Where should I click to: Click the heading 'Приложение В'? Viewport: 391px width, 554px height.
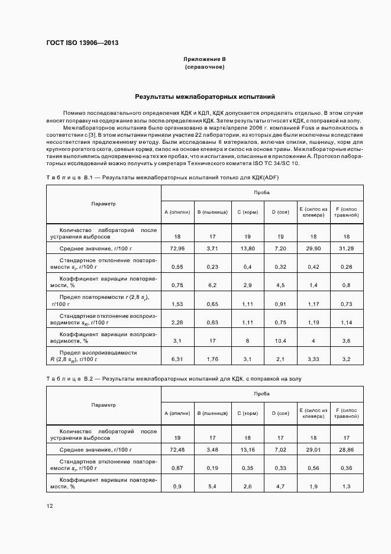point(204,60)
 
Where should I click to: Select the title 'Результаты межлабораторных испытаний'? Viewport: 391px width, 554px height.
point(204,96)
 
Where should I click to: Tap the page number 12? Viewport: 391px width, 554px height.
point(49,506)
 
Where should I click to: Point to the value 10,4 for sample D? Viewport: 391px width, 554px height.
point(280,341)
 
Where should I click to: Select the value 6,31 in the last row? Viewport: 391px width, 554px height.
point(176,359)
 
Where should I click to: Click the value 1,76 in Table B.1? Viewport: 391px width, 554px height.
point(212,359)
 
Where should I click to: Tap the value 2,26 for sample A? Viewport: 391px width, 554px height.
point(176,323)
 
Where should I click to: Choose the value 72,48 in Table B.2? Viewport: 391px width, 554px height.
point(176,450)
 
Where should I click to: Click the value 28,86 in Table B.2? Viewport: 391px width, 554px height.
point(347,450)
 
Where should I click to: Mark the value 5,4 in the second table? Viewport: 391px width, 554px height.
point(212,486)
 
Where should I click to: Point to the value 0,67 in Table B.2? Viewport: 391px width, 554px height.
point(176,468)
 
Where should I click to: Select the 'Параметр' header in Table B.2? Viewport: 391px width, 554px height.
point(104,405)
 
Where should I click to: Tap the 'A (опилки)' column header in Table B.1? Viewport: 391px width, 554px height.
point(177,211)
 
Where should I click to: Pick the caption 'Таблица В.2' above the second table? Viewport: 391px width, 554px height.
point(66,378)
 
